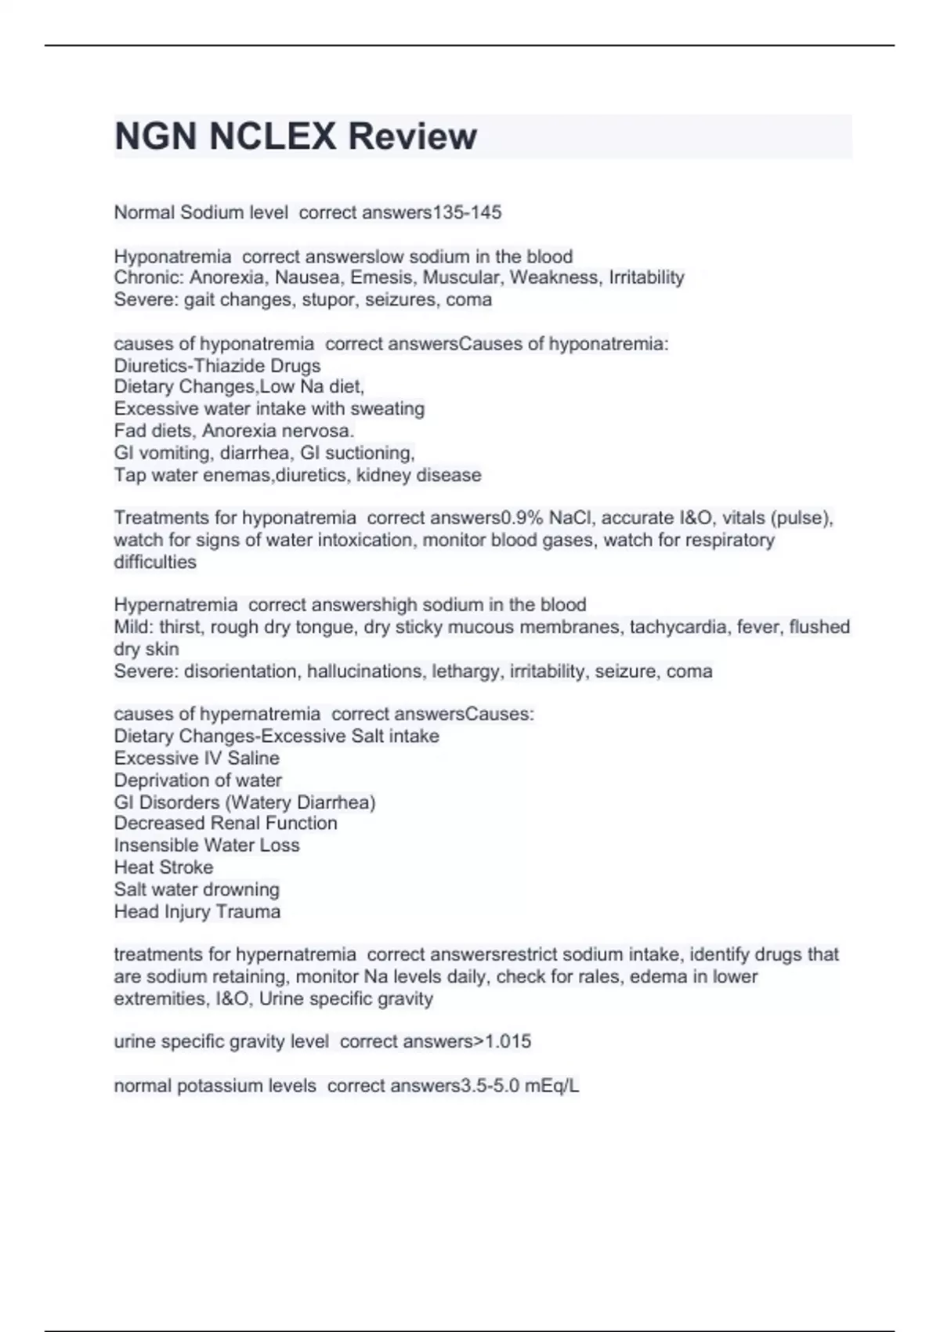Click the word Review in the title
click(x=412, y=136)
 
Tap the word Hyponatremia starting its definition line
click(x=172, y=256)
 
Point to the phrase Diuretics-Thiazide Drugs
click(x=217, y=365)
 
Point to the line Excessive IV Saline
click(x=197, y=758)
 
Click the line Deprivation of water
click(x=197, y=780)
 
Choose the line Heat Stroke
click(x=163, y=867)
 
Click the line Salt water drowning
click(x=197, y=889)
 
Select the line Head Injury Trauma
click(x=197, y=911)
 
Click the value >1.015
click(x=502, y=1041)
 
